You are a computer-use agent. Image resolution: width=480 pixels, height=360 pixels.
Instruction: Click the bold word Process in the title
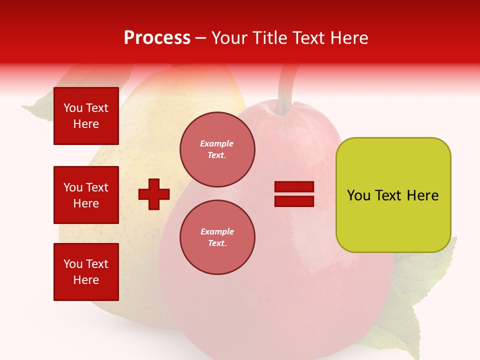pos(157,38)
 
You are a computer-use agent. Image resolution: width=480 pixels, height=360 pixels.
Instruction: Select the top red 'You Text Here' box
pos(86,116)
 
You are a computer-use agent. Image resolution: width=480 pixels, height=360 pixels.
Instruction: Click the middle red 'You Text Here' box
pos(86,195)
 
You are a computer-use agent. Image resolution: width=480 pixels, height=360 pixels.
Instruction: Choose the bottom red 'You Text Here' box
pos(86,271)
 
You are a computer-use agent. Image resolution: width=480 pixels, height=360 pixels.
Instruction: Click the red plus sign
pos(154,194)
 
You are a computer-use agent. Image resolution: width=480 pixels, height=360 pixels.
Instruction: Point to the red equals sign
pos(294,194)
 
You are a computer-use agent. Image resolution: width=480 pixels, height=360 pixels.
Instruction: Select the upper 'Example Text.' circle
pos(217,149)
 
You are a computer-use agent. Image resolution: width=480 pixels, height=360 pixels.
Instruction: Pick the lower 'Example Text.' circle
pos(217,237)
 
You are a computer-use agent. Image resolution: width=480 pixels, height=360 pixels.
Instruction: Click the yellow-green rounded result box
pos(393,194)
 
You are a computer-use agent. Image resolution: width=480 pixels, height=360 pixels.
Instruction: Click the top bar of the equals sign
pos(294,187)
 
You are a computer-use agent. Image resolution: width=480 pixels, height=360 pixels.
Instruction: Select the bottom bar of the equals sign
pos(294,201)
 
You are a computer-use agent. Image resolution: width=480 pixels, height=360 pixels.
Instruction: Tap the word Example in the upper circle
pos(216,143)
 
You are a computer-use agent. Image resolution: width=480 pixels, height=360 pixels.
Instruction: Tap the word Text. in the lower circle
pos(217,243)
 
